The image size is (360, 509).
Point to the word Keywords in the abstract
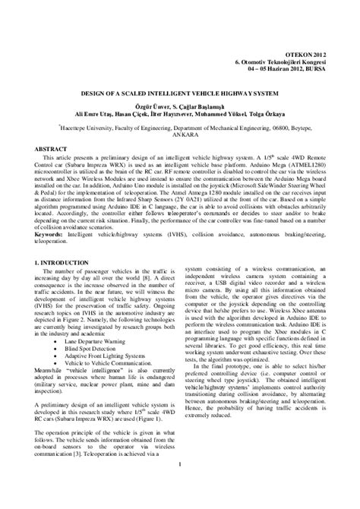pyautogui.click(x=50, y=236)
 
